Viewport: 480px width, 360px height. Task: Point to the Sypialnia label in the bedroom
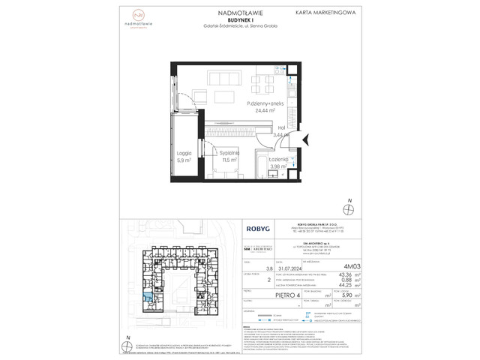(228, 151)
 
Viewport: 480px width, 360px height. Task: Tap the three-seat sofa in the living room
(226, 94)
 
